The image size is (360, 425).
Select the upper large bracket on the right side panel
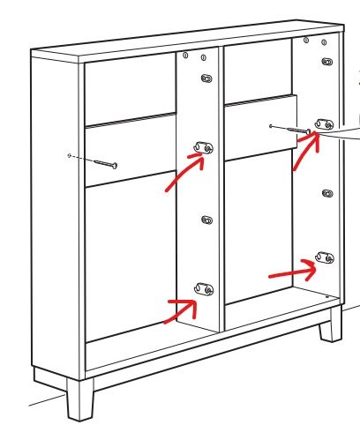tap(323, 125)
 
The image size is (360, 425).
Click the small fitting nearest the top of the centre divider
tap(206, 79)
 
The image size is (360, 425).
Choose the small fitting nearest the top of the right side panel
tap(327, 62)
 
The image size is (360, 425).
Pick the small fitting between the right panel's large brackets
tap(326, 192)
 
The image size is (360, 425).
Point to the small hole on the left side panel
tap(69, 155)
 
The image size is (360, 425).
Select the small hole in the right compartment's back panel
tap(269, 125)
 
